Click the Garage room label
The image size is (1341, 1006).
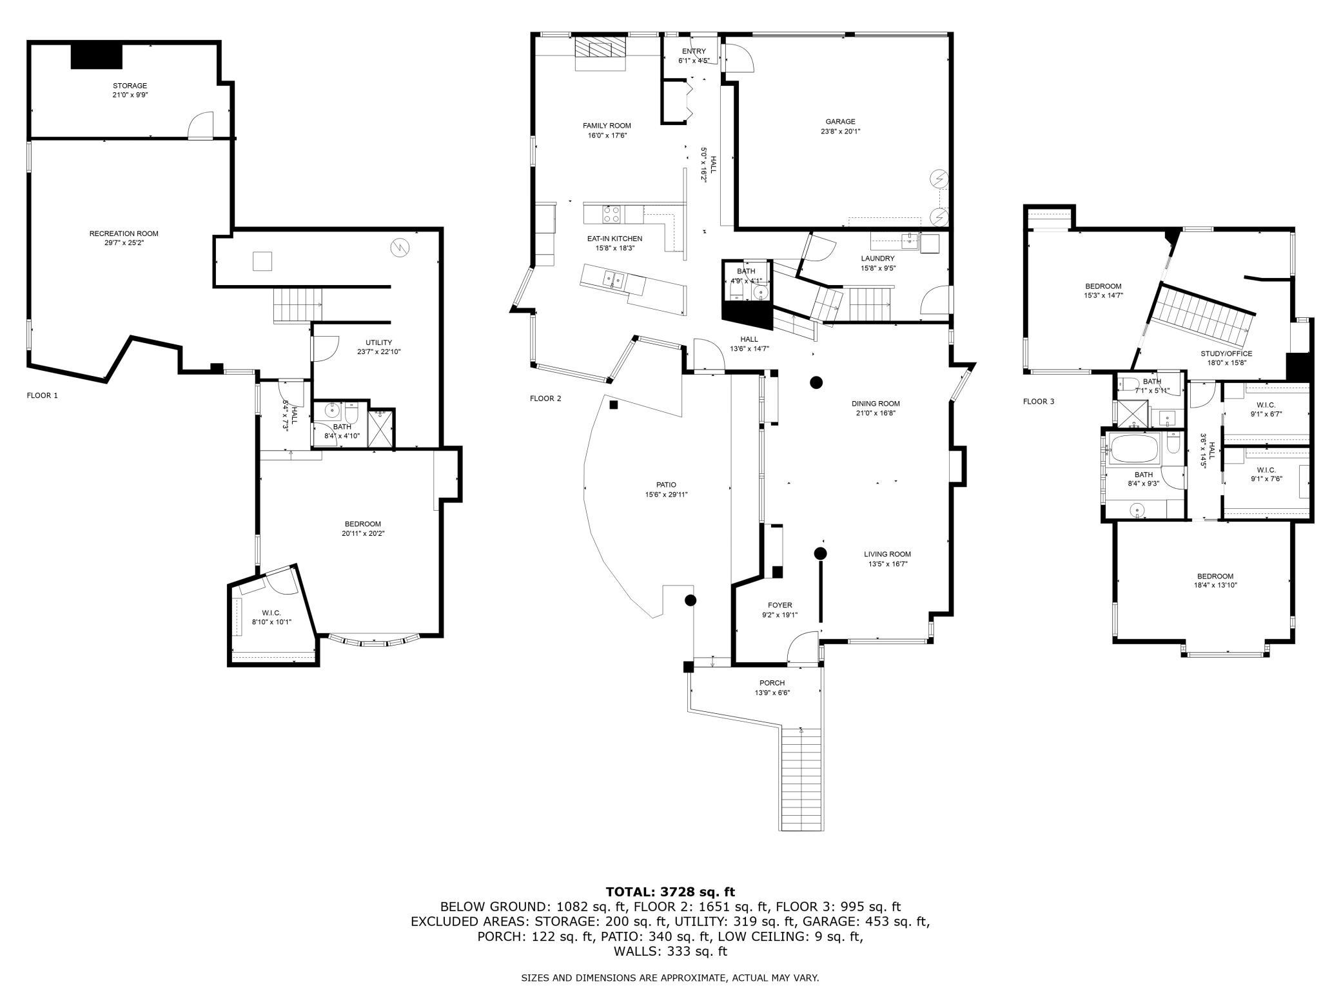tap(840, 121)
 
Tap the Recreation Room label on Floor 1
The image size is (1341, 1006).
tap(124, 233)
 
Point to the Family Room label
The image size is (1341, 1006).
tap(607, 126)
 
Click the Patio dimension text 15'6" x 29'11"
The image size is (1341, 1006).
tap(667, 495)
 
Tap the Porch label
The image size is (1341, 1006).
tap(772, 683)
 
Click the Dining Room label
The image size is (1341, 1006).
tap(876, 404)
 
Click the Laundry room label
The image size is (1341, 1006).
tap(877, 259)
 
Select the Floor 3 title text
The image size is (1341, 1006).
tap(1039, 401)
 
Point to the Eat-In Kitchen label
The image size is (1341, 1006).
tap(614, 239)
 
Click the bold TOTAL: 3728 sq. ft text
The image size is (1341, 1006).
tap(670, 892)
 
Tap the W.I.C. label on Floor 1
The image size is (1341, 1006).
tap(271, 613)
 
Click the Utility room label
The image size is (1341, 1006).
tap(378, 342)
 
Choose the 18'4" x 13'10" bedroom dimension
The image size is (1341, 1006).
tap(1215, 586)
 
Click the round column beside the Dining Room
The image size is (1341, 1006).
tap(816, 382)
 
